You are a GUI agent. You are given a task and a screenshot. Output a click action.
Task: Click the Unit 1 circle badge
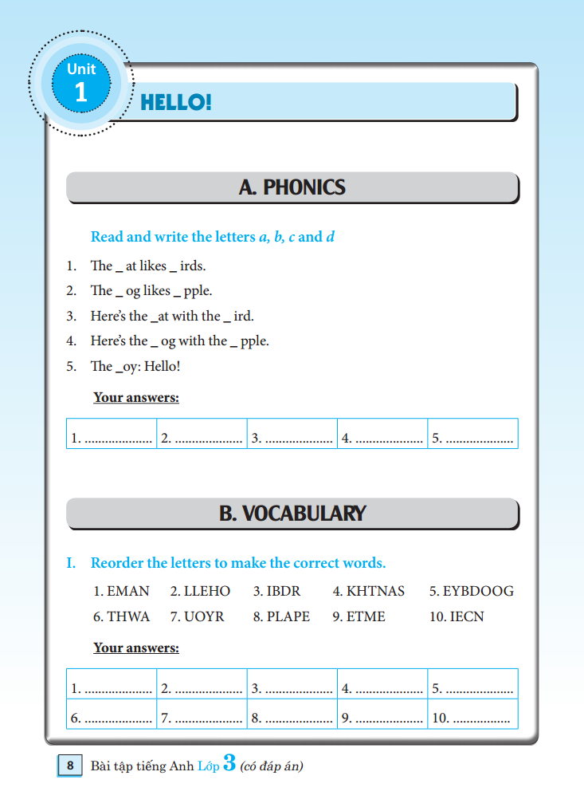pos(80,83)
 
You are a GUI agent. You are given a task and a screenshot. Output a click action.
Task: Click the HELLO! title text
pos(175,102)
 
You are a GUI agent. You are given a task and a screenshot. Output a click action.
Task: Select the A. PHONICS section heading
pos(292,187)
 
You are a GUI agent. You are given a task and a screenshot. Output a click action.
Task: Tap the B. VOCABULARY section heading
pos(292,513)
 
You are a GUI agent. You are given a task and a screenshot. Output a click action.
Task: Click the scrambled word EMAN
pos(121,592)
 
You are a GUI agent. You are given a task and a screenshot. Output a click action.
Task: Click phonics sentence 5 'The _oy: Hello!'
pos(135,366)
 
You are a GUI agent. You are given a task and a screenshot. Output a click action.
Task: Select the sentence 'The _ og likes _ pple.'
pos(151,290)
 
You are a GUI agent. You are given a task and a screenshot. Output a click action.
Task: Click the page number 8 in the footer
pos(70,766)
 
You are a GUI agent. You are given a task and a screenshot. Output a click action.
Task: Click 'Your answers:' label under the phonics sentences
pos(136,397)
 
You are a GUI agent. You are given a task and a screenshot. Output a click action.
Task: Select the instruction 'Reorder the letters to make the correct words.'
pos(237,563)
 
